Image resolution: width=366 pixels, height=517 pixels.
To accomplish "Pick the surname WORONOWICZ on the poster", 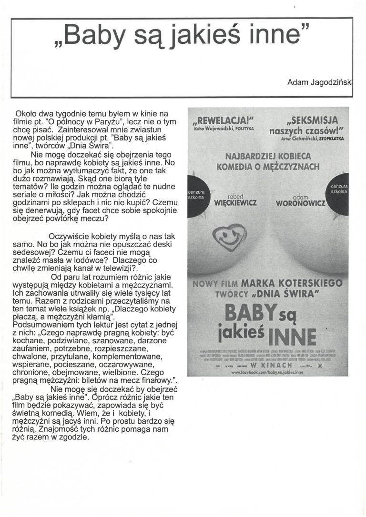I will (x=301, y=204).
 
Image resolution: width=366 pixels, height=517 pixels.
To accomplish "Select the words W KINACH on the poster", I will (x=268, y=363).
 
